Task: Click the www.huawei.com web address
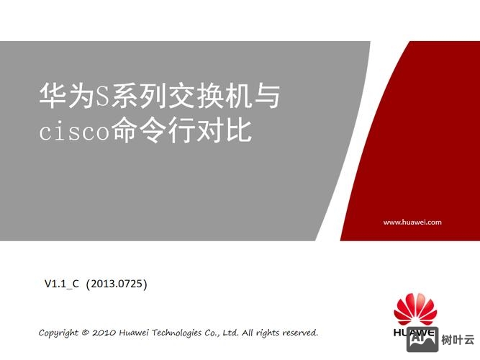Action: tap(412, 222)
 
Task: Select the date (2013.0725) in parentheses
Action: tap(117, 284)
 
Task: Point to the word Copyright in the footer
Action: tap(58, 333)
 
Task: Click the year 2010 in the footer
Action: tap(105, 333)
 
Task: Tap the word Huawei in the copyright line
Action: tap(136, 333)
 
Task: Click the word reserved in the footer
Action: tap(299, 333)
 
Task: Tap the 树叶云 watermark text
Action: tap(458, 339)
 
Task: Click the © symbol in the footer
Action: tap(86, 333)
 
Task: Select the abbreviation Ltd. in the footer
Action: tap(230, 333)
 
